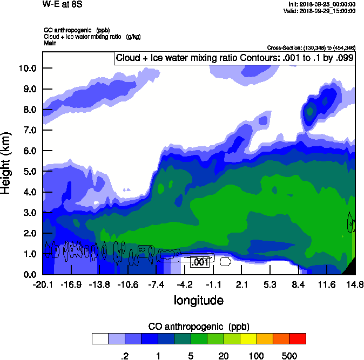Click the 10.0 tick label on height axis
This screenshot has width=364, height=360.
27,68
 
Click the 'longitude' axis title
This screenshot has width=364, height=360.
198,300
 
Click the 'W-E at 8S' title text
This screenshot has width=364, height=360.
59,5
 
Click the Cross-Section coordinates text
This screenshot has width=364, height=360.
311,48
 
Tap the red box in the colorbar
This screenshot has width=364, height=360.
298,339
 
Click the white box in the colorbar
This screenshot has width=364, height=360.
100,339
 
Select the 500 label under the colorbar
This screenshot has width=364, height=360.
289,356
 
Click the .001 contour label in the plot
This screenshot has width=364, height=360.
200,262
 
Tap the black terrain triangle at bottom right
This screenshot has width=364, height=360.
350,267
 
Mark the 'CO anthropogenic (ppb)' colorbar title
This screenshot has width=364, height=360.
198,327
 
